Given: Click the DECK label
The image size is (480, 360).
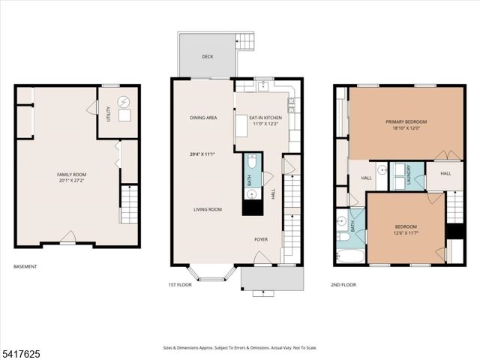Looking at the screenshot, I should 207,56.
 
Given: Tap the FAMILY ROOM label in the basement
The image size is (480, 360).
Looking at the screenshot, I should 72,174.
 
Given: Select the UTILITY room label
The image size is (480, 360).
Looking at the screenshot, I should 109,115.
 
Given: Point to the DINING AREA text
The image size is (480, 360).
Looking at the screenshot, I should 203,118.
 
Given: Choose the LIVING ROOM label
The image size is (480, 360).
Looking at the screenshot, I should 206,209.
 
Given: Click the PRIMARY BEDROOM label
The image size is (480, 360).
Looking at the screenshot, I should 406,121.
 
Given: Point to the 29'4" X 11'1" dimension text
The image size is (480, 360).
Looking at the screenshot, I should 203,154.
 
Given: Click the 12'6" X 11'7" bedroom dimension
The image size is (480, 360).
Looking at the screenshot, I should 406,232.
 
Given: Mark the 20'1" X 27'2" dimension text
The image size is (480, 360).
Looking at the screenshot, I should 72,181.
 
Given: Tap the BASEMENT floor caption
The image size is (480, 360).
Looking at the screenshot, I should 26,266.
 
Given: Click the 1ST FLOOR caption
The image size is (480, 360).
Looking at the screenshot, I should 180,285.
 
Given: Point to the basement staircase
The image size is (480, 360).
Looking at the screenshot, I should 129,205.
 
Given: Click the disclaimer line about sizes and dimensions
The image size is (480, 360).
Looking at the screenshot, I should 240,347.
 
